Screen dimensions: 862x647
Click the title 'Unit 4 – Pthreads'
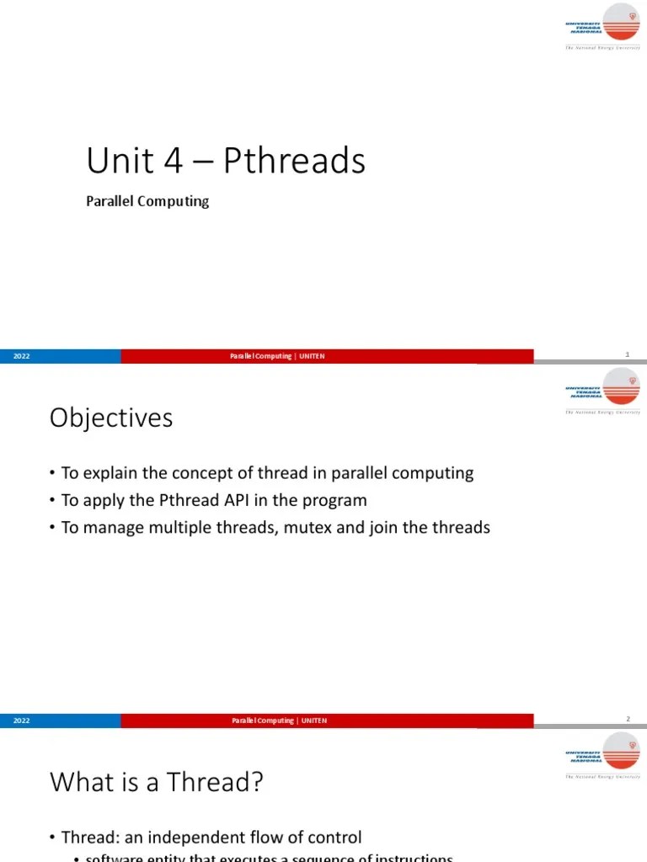226,161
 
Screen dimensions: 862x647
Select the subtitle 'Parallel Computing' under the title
147,202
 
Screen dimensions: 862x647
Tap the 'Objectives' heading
111,418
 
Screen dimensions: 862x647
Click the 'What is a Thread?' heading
157,783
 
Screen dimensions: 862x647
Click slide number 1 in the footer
628,354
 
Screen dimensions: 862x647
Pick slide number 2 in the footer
628,719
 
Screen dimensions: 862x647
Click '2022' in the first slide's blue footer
22,356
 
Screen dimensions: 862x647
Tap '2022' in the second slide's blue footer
22,721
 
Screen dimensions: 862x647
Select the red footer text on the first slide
277,356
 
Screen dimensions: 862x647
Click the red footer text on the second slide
279,721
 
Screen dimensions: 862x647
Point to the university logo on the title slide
603,28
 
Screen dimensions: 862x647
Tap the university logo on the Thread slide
603,756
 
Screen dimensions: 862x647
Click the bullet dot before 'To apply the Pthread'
53,501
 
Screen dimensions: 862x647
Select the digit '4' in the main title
174,161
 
